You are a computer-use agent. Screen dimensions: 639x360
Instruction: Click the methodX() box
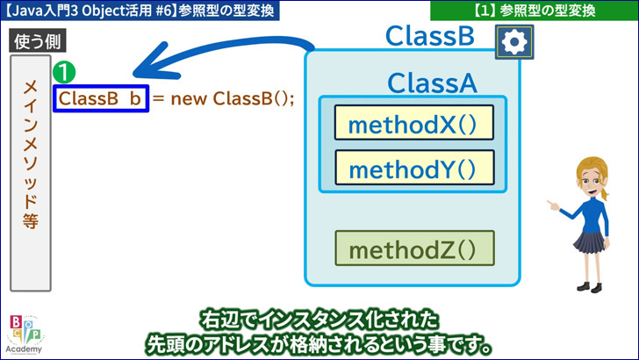pos(414,123)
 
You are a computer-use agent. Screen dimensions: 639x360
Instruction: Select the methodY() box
pos(414,168)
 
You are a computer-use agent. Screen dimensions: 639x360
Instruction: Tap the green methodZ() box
pos(414,248)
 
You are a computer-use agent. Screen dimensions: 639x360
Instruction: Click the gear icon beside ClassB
pos(514,41)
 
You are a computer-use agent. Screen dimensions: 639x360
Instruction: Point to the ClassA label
pos(432,83)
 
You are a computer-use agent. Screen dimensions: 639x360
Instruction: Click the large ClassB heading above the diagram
pos(430,36)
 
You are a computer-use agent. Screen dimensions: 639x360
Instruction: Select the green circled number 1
pos(64,72)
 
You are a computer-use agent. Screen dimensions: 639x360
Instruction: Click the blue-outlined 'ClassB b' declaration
pos(101,98)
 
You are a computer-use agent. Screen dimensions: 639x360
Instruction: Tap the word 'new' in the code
pos(188,98)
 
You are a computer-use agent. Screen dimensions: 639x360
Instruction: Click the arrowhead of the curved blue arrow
pos(151,65)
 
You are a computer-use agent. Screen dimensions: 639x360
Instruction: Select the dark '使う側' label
pos(38,41)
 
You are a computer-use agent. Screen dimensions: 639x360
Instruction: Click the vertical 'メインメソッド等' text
pos(31,155)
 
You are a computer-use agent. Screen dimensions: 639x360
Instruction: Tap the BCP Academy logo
pos(24,334)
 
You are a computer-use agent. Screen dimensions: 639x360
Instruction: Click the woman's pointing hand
pos(553,205)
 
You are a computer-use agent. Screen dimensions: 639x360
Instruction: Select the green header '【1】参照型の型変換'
pos(535,11)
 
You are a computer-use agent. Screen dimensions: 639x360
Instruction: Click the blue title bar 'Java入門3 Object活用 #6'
pos(140,11)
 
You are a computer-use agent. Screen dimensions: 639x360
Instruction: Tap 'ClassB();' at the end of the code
pos(253,98)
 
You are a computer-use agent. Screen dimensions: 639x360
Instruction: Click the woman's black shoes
pos(589,286)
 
